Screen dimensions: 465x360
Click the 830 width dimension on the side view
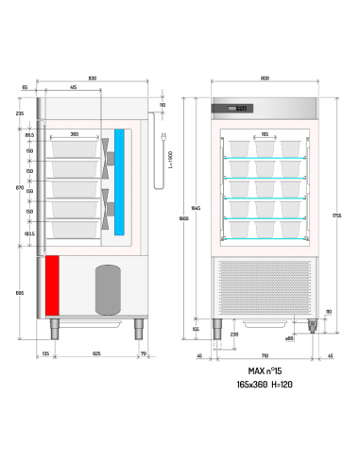(x=92, y=77)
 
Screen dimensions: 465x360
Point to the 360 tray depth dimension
(x=75, y=134)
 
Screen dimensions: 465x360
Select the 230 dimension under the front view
(x=233, y=334)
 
